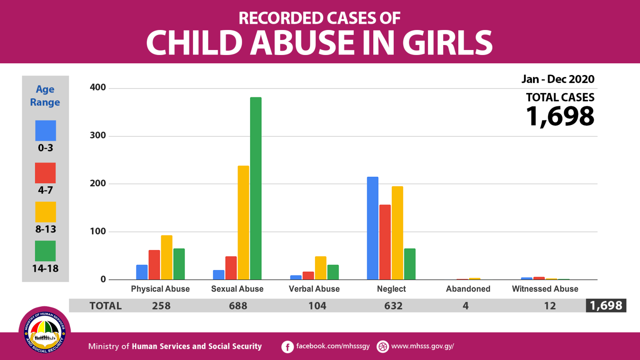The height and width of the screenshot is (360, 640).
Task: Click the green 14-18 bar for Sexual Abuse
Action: point(255,188)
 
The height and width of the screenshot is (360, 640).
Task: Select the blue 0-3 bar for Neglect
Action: point(372,228)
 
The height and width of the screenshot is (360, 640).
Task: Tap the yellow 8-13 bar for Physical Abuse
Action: point(167,257)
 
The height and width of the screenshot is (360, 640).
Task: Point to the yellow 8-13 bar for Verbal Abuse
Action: point(320,268)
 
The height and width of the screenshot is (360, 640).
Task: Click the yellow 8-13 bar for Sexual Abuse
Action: point(243,222)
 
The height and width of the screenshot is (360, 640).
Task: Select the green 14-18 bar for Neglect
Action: point(410,264)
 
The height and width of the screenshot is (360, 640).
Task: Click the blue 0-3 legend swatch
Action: point(45,131)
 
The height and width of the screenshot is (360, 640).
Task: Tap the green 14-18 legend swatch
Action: point(45,251)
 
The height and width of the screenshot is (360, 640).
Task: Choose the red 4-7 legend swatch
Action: point(45,173)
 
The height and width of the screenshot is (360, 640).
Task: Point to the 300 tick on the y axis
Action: point(98,135)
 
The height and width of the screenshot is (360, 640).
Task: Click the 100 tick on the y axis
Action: point(98,231)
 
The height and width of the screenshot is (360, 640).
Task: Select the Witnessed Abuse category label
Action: point(545,289)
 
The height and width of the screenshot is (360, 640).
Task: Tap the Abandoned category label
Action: point(468,289)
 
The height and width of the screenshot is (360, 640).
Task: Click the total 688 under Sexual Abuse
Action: point(238,306)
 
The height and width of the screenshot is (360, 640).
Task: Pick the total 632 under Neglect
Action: point(393,306)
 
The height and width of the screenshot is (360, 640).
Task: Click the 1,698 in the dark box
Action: point(606,305)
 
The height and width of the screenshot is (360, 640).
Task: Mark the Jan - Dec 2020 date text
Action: point(558,79)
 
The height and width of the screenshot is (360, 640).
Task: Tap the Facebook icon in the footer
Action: point(287,347)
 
